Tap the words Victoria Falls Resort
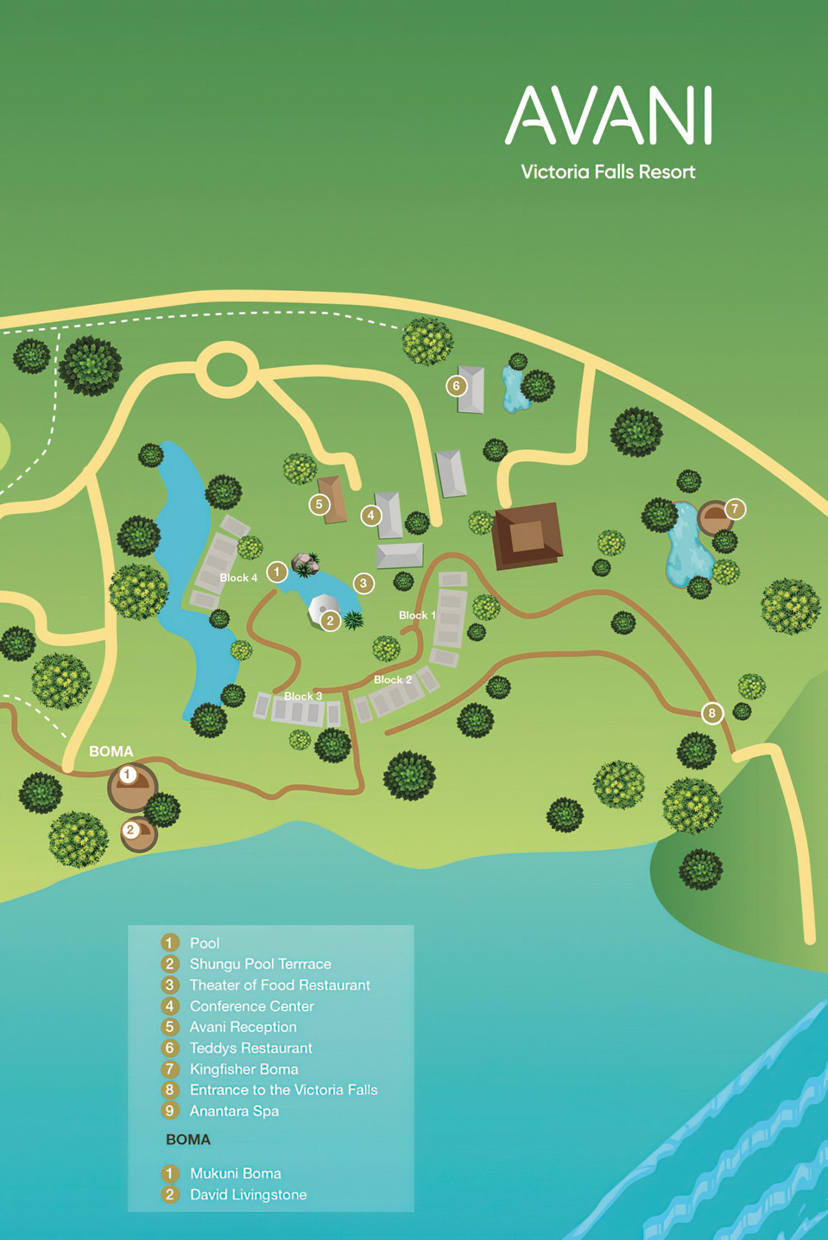[608, 172]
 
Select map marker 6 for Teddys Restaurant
[456, 386]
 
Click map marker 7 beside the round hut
[734, 510]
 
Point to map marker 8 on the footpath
[712, 713]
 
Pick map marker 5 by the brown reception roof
[319, 504]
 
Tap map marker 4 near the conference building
[371, 515]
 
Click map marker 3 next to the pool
[363, 583]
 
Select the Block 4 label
[239, 578]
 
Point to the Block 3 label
[303, 696]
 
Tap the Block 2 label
[392, 680]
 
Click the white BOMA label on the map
[111, 751]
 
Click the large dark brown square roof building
[527, 535]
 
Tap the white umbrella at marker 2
[322, 610]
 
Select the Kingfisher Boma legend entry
[244, 1069]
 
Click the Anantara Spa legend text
[234, 1111]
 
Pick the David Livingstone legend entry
[248, 1194]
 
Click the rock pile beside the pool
[304, 563]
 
